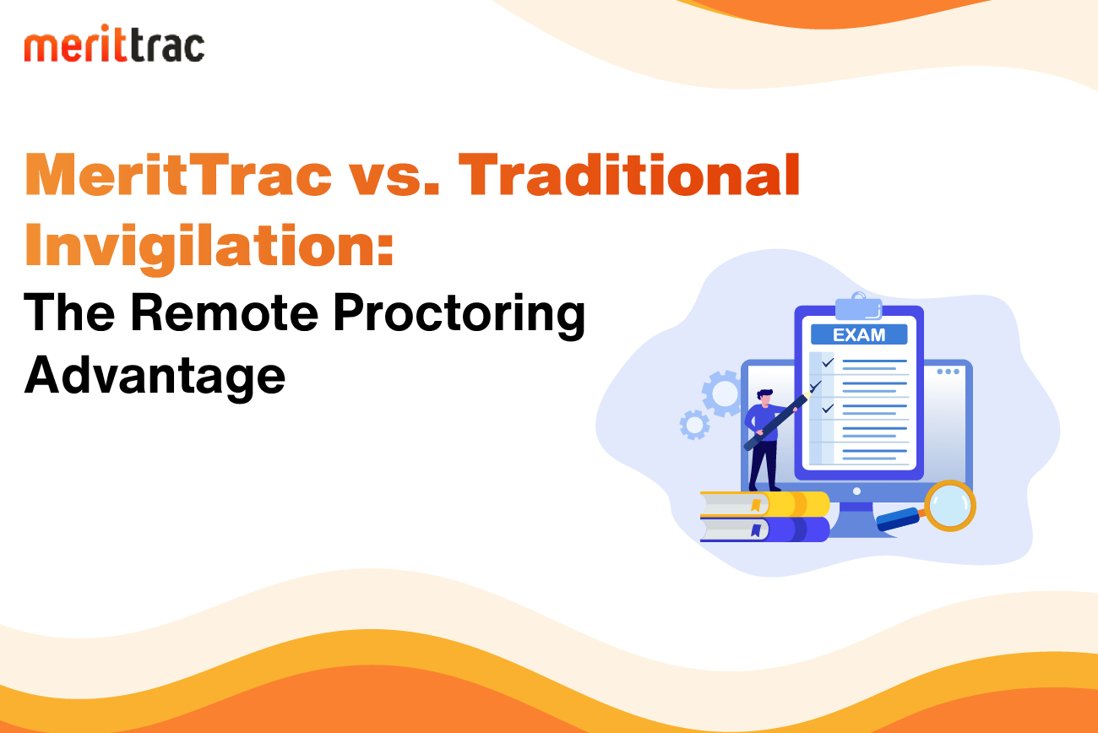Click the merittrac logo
114,43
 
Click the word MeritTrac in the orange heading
178,175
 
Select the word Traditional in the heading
629,175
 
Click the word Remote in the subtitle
224,312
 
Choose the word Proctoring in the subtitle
459,316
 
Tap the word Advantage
155,377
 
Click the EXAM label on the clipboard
859,334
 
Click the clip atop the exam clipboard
858,306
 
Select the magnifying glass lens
950,506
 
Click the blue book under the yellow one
764,529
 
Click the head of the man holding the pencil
764,397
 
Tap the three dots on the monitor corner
948,372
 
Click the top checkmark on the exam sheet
828,362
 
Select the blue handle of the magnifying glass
898,519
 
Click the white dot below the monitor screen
856,491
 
